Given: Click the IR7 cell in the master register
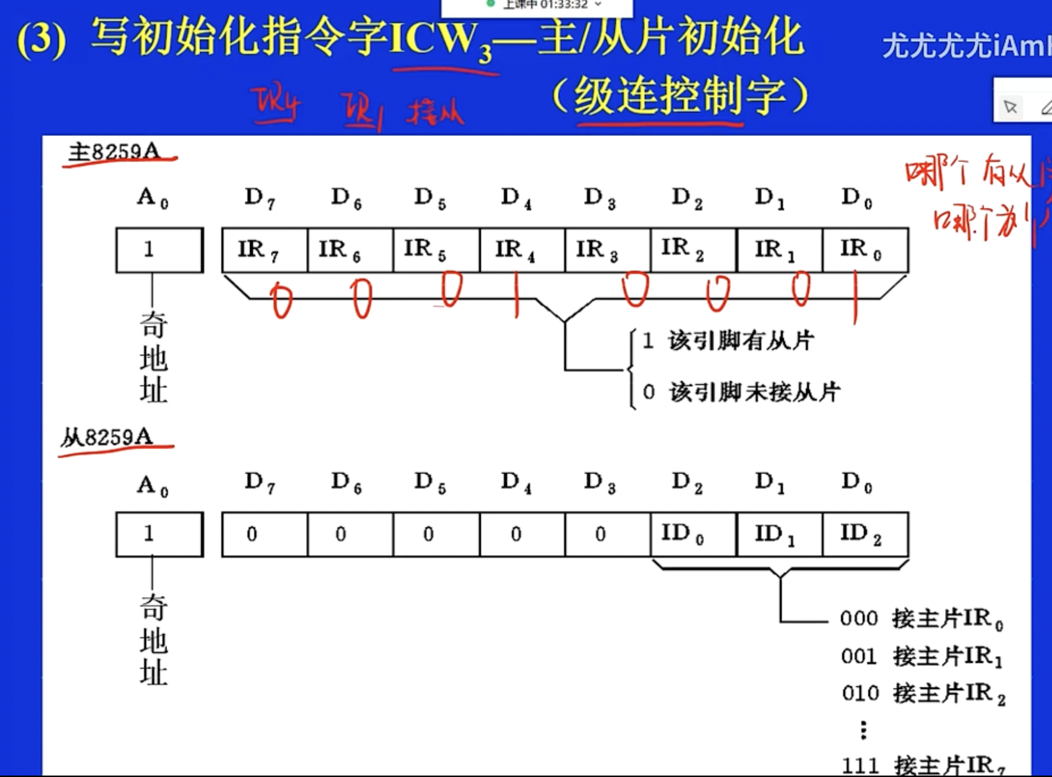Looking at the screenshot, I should pos(265,250).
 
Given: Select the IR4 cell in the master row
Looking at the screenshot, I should pos(522,250).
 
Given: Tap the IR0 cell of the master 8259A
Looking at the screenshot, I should pos(865,250).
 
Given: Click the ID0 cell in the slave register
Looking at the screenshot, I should pos(693,534).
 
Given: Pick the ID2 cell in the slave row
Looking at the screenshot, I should pos(865,534).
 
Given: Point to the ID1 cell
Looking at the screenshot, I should pos(779,534).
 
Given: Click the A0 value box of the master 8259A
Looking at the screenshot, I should pos(159,250).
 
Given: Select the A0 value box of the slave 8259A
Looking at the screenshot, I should pos(159,534).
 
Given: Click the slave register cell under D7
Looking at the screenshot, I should pos(265,534).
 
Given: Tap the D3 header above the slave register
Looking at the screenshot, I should pos(599,482).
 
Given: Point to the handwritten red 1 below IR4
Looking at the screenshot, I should pos(516,295).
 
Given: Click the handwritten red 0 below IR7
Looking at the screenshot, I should pos(282,300).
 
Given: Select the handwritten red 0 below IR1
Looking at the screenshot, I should pos(801,289).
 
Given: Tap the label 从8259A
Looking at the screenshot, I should pos(107,437).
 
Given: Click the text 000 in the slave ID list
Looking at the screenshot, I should pos(859,619).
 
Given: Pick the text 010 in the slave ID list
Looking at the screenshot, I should pos(860,693).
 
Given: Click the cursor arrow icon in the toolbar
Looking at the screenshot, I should pos(1010,107).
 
